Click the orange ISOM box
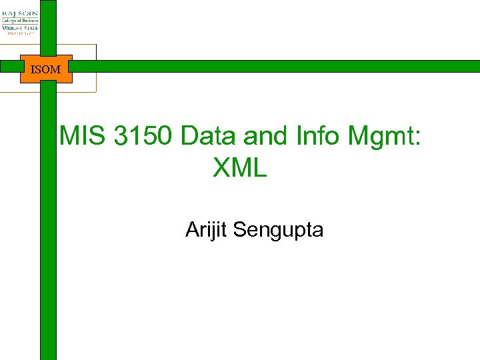point(45,69)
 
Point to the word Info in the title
point(317,136)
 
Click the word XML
point(240,168)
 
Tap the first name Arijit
point(207,230)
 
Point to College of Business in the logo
point(19,20)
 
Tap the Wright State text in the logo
point(19,27)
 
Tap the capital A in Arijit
point(192,230)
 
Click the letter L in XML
point(260,168)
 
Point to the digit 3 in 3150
point(121,136)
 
